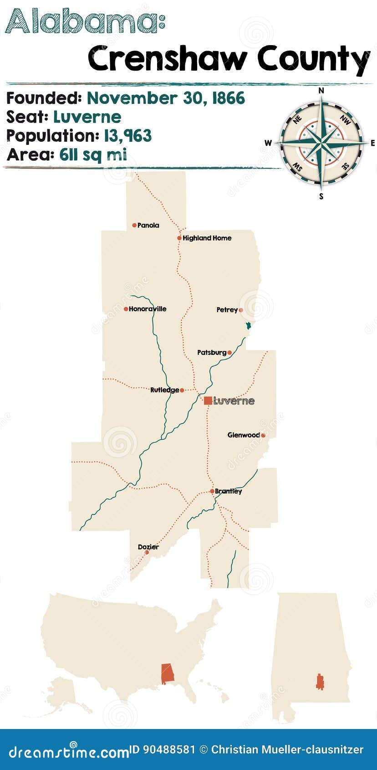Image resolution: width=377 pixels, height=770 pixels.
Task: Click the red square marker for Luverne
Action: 208,400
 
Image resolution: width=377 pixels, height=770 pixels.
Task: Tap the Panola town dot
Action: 134,225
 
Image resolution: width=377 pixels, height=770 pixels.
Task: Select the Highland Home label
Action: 207,238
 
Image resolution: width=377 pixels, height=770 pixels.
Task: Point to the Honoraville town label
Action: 148,309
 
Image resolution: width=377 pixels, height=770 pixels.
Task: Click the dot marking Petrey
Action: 241,310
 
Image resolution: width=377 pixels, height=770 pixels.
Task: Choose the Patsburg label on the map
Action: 212,353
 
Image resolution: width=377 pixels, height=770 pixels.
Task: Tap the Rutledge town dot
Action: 182,390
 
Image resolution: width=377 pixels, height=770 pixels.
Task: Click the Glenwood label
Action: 244,435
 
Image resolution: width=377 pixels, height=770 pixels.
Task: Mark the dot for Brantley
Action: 212,491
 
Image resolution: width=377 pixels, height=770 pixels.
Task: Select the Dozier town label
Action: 148,547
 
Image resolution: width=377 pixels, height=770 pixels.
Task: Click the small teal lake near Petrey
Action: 248,326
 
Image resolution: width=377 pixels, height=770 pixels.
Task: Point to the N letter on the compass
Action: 321,91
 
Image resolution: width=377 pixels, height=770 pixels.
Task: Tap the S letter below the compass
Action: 321,197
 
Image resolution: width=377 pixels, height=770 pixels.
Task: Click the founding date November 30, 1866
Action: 166,98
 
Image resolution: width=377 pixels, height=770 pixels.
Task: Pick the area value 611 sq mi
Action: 93,155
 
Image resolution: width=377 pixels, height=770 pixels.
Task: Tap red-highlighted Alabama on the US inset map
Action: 168,673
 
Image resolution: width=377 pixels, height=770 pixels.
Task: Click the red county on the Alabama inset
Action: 320,681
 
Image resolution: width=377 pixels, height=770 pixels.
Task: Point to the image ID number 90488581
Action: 169,749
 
